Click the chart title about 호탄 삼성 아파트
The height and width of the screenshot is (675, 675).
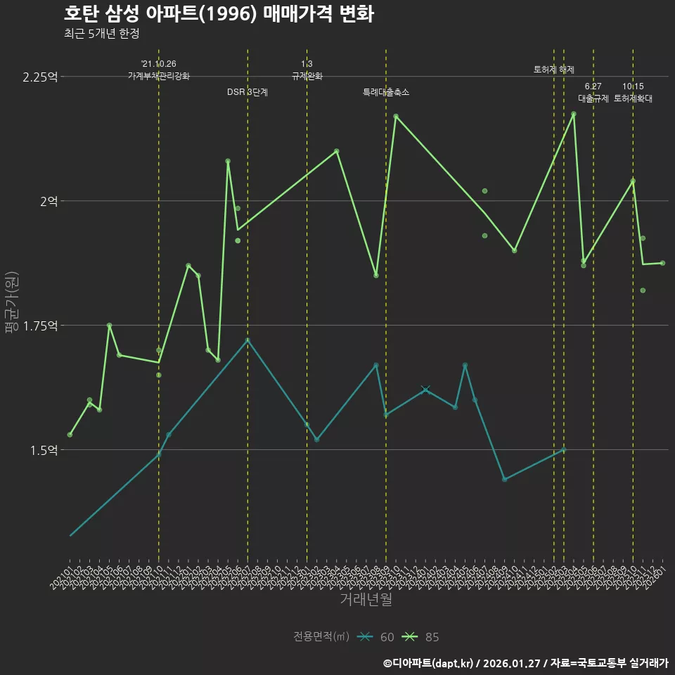219,14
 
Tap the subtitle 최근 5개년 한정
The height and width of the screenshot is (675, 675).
105,34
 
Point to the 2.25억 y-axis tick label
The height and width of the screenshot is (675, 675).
40,77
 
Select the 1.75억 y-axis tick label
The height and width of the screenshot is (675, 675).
40,326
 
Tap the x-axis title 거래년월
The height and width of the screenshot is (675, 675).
366,599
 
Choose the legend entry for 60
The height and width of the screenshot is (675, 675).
377,637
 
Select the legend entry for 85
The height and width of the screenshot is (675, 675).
422,637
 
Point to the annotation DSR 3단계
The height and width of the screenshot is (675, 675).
247,92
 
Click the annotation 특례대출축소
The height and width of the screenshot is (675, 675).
386,92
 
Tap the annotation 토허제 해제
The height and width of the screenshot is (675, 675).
554,70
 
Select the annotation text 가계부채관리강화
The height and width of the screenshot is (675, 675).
159,76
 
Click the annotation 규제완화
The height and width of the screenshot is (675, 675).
307,76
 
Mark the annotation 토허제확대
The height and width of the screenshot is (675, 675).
633,98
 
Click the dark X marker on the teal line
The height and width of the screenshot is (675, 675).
425,390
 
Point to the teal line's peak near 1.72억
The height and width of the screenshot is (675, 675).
247,340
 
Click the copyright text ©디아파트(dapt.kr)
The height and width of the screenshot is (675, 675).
429,662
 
